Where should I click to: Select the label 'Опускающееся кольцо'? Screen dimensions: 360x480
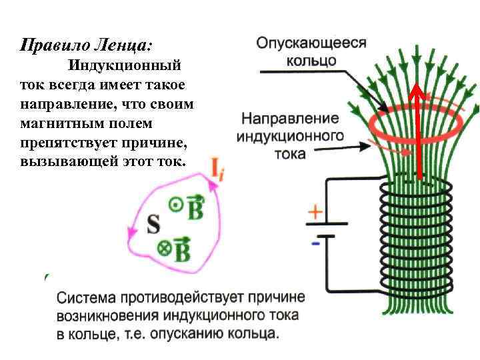coord(311,51)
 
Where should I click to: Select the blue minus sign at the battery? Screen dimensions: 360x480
coord(315,244)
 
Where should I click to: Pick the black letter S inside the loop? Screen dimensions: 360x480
coord(153,225)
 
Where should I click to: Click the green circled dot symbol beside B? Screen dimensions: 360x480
coord(175,206)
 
